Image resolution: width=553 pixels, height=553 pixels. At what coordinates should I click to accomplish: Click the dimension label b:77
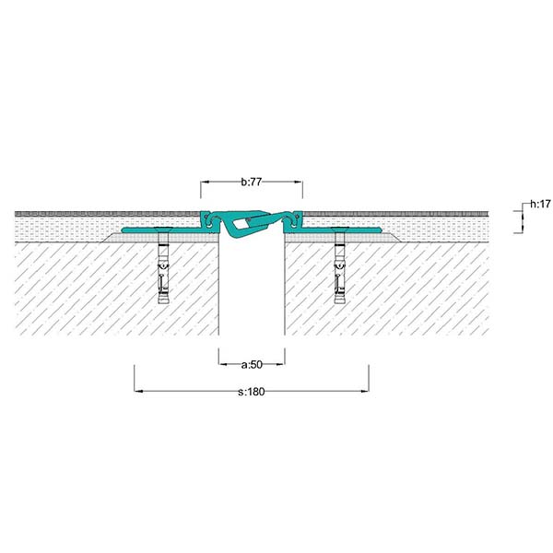point(252,182)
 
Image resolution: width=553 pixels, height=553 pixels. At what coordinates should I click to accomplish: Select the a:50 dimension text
point(252,364)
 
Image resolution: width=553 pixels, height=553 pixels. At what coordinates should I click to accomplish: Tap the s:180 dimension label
point(252,392)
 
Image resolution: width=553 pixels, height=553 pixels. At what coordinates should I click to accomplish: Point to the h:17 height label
point(540,204)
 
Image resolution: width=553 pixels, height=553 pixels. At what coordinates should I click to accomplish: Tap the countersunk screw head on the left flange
point(164,229)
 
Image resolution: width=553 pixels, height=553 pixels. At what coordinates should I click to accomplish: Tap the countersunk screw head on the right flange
point(340,229)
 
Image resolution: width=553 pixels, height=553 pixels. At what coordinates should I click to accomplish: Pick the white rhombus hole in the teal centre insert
point(241,223)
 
